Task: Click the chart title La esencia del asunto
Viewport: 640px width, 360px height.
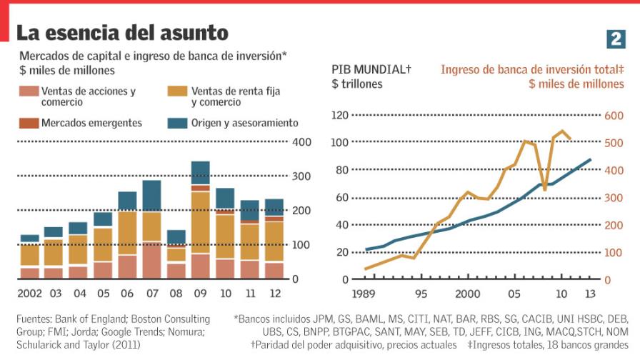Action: click(x=122, y=33)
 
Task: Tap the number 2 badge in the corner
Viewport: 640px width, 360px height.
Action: click(x=616, y=39)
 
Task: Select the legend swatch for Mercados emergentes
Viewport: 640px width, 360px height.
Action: click(x=28, y=123)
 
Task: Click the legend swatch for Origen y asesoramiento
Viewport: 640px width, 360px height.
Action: click(x=177, y=123)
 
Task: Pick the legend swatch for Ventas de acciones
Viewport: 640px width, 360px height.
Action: click(x=28, y=91)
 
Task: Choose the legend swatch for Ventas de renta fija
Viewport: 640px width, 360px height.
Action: click(x=177, y=91)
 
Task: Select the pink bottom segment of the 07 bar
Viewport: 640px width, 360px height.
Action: click(x=151, y=261)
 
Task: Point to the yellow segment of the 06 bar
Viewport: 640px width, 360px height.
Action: click(x=127, y=233)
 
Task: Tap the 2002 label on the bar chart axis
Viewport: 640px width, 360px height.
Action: click(x=29, y=294)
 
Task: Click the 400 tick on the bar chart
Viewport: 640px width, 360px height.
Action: click(x=301, y=142)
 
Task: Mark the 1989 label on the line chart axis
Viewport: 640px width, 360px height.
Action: click(x=364, y=294)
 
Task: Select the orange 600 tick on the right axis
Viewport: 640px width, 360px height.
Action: click(x=614, y=116)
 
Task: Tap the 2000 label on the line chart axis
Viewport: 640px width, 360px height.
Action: click(x=467, y=294)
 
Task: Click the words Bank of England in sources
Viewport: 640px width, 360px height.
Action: click(x=98, y=319)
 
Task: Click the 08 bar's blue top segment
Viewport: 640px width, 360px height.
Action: click(x=176, y=237)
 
